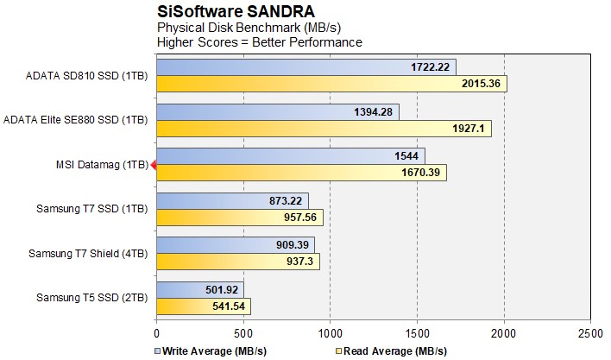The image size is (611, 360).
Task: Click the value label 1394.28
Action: click(x=375, y=111)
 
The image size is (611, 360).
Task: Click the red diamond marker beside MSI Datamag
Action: click(x=153, y=165)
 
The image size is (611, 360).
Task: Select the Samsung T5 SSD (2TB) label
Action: click(x=91, y=298)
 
